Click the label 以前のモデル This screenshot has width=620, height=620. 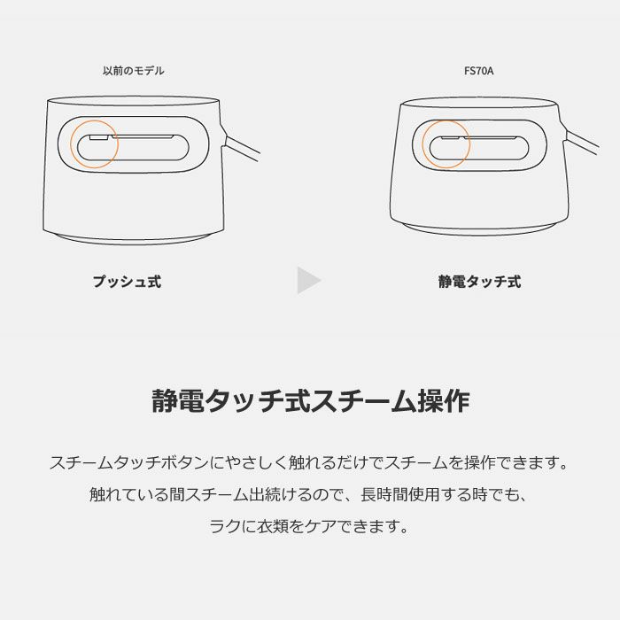click(x=133, y=71)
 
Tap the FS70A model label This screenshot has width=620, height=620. click(x=479, y=71)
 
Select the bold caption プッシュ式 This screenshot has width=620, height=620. click(x=127, y=282)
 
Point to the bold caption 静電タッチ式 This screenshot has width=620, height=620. click(x=479, y=282)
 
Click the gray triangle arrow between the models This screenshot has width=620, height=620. click(x=307, y=281)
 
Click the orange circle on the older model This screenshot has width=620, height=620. click(x=71, y=143)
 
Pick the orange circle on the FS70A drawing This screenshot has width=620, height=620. click(x=422, y=144)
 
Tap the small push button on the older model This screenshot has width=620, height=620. click(x=99, y=137)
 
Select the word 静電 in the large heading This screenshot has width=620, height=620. click(x=178, y=400)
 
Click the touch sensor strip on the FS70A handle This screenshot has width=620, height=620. click(x=478, y=138)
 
